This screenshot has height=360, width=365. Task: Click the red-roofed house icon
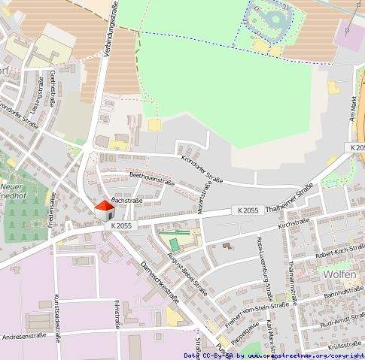pos(104,211)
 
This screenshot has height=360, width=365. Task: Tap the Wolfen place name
pos(338,274)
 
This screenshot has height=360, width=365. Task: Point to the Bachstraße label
pos(126,201)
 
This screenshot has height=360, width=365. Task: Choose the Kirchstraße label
pos(294,225)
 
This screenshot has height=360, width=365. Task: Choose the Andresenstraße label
pos(26,337)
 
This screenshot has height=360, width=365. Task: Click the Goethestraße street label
pos(53,86)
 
